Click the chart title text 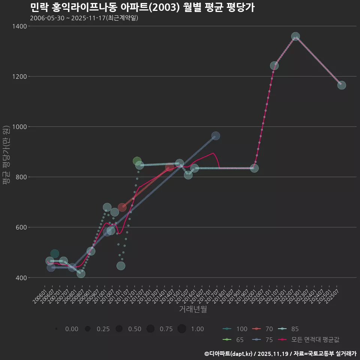[142, 7]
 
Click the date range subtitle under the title [84, 18]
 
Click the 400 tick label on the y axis [20, 278]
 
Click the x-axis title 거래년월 [193, 309]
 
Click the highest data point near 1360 [295, 37]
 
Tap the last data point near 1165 [342, 85]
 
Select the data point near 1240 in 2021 [274, 66]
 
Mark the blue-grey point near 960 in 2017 [216, 136]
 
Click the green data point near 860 [137, 161]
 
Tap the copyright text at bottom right [280, 353]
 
